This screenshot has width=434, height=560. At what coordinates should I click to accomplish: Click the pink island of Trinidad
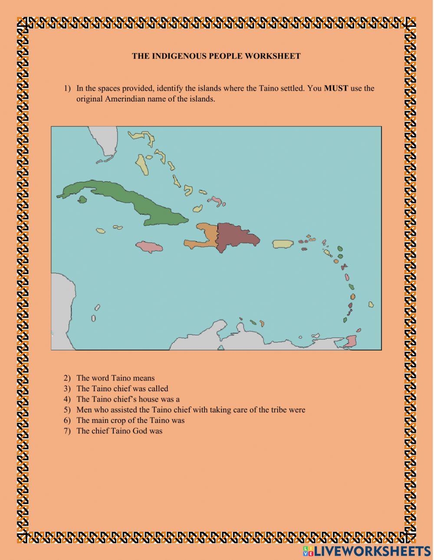[x=351, y=341]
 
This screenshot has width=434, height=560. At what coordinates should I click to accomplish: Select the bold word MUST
[x=336, y=88]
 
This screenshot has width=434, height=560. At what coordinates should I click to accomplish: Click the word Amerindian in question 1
[x=126, y=99]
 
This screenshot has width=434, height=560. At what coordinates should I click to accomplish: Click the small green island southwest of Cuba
[x=82, y=200]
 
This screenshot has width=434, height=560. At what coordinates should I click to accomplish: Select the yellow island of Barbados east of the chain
[x=371, y=305]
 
